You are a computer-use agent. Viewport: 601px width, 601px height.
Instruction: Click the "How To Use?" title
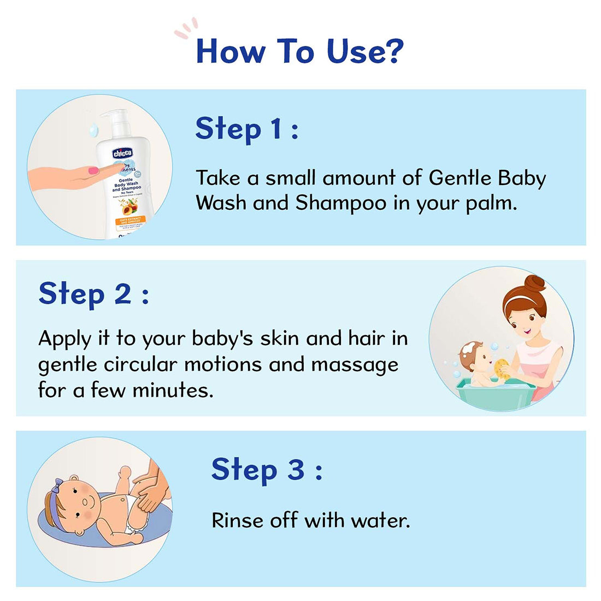click(299, 51)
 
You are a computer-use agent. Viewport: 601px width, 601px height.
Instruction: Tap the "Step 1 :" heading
click(246, 129)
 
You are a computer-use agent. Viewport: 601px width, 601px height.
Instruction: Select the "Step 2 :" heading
click(93, 294)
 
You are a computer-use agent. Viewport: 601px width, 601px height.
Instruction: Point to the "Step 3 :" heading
click(266, 470)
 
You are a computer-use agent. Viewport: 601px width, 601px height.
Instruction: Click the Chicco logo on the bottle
click(122, 154)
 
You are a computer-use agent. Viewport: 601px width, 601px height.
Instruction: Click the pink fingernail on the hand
click(93, 171)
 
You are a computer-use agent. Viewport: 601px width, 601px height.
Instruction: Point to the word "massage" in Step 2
click(355, 364)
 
